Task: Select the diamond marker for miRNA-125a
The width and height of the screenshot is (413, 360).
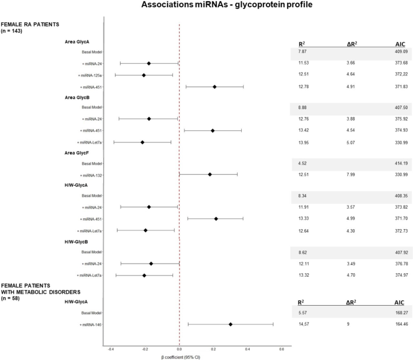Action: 143,75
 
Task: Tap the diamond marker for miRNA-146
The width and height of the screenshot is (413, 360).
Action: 230,324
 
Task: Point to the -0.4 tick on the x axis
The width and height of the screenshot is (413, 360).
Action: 111,349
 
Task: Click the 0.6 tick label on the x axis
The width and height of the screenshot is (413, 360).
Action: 282,349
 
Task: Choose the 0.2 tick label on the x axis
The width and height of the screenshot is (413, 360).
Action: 213,349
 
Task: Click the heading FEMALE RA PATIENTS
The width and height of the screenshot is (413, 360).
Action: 30,24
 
